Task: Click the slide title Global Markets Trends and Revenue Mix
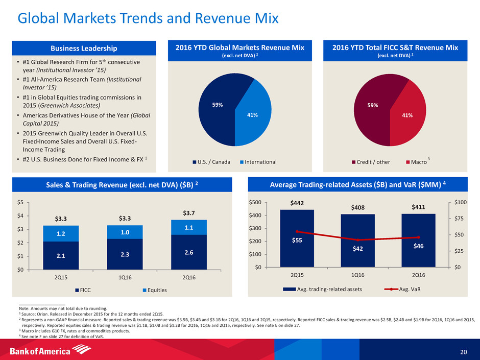coord(148,19)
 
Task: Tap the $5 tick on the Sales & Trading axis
coord(23,202)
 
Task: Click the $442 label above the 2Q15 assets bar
coord(297,203)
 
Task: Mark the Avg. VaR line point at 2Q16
coord(418,237)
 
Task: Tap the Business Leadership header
coord(85,49)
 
